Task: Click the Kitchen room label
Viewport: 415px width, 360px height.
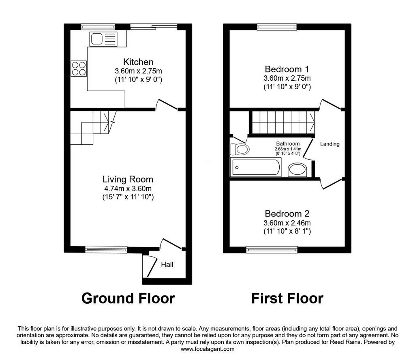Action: (138, 62)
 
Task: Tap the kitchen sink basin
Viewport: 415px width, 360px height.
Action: (96, 39)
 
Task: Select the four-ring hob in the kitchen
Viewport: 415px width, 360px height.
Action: (79, 69)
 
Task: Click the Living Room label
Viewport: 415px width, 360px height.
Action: (128, 180)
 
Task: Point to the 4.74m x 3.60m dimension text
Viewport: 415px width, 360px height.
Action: (128, 189)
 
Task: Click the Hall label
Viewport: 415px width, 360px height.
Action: (167, 264)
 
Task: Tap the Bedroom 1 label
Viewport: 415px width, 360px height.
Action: (287, 69)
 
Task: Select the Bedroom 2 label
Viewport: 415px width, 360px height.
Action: (287, 214)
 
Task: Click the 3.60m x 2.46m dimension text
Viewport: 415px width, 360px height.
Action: (287, 223)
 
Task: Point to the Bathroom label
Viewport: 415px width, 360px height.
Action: (288, 144)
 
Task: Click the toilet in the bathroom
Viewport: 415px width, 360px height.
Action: (240, 149)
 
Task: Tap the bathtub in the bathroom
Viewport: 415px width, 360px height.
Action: (256, 167)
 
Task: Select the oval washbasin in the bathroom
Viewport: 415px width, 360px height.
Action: (297, 170)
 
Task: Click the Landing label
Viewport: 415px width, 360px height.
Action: (330, 144)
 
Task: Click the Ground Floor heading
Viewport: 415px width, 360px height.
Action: (128, 298)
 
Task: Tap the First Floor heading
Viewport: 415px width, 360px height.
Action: (287, 298)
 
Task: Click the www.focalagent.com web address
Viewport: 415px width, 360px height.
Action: (207, 349)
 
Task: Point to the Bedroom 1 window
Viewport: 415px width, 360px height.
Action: (277, 26)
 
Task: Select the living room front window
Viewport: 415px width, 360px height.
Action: (106, 249)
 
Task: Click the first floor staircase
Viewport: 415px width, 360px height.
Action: (283, 122)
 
